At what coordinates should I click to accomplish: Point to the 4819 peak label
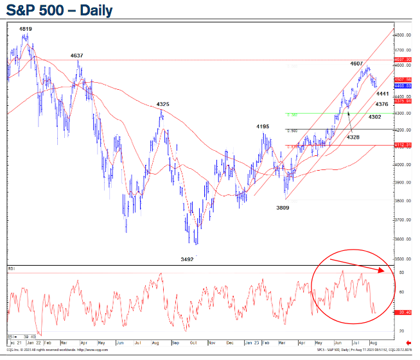point(26,29)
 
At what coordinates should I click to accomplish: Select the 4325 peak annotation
point(163,104)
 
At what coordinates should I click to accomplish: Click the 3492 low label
point(188,259)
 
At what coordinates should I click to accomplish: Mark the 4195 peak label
point(262,126)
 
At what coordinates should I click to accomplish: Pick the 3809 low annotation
point(283,207)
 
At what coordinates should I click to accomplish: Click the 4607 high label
point(358,64)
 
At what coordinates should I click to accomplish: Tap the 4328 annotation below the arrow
point(353,137)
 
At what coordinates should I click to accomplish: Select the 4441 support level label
point(383,94)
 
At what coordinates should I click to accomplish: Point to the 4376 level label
point(381,104)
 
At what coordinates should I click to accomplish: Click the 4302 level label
point(376,117)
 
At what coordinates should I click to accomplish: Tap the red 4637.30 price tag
point(403,60)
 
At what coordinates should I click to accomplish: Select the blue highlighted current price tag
point(403,85)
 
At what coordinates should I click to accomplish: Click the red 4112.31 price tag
point(403,145)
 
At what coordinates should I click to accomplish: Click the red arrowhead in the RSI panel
point(385,271)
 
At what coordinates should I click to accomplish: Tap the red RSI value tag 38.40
point(403,313)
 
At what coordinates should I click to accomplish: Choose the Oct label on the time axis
point(194,343)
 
